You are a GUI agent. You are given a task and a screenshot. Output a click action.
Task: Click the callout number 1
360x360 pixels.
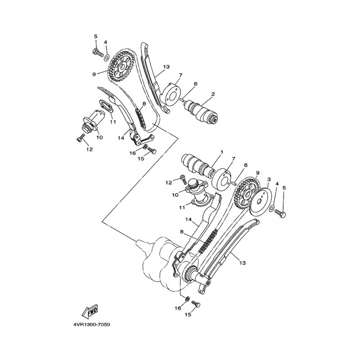click(222, 152)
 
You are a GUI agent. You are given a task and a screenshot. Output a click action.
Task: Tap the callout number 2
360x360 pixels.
click(213, 94)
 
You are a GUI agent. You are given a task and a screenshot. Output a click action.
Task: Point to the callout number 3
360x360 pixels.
click(269, 179)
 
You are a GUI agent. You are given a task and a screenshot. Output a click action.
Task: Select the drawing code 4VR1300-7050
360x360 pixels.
click(91, 324)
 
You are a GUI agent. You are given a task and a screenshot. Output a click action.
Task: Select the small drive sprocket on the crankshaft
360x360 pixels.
click(190, 274)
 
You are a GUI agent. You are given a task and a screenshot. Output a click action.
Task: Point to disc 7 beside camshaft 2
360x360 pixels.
click(171, 96)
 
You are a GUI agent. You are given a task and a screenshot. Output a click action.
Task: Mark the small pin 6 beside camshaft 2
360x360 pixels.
click(182, 100)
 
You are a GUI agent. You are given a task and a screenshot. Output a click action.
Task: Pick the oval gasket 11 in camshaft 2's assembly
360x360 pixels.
click(106, 106)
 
